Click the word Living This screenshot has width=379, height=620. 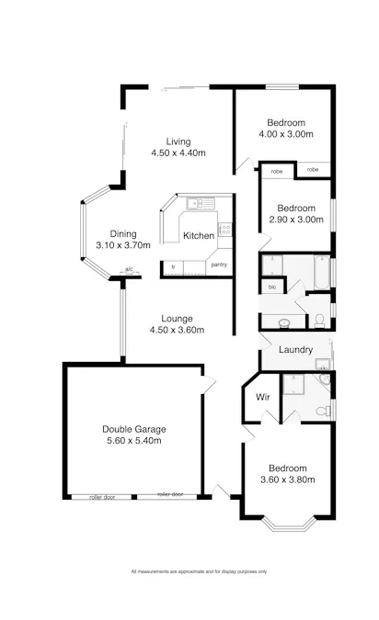(x=178, y=141)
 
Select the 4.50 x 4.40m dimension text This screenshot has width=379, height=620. (x=178, y=153)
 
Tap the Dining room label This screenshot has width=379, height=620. (x=122, y=233)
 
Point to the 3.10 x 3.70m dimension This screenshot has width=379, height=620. (x=122, y=245)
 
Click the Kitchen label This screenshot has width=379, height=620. (x=199, y=236)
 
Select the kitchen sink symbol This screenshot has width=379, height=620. (x=197, y=203)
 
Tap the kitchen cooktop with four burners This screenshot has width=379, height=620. (x=224, y=231)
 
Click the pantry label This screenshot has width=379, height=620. (x=219, y=265)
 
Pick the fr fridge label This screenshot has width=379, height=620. (x=173, y=266)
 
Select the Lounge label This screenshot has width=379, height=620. (x=178, y=319)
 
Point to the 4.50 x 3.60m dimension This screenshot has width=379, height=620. (x=178, y=331)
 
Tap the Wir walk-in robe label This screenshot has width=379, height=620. (x=262, y=398)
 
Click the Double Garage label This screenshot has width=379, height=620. (x=134, y=429)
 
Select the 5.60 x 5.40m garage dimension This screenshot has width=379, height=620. (x=134, y=441)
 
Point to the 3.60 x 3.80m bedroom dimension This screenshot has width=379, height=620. (x=287, y=479)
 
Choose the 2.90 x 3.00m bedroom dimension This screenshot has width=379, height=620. (x=296, y=220)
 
